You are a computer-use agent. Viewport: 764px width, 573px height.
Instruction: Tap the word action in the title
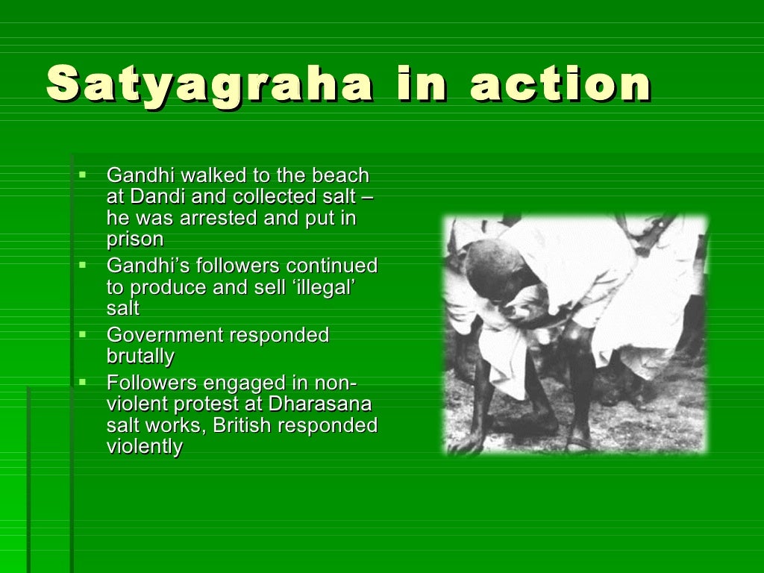tap(560, 84)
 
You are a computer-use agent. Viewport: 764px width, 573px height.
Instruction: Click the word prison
tap(135, 239)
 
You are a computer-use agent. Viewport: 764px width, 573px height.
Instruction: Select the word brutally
tap(140, 357)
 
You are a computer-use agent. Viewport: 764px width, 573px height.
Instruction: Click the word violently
tap(145, 447)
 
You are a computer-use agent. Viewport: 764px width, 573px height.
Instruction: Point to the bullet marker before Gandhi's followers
tap(83, 264)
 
